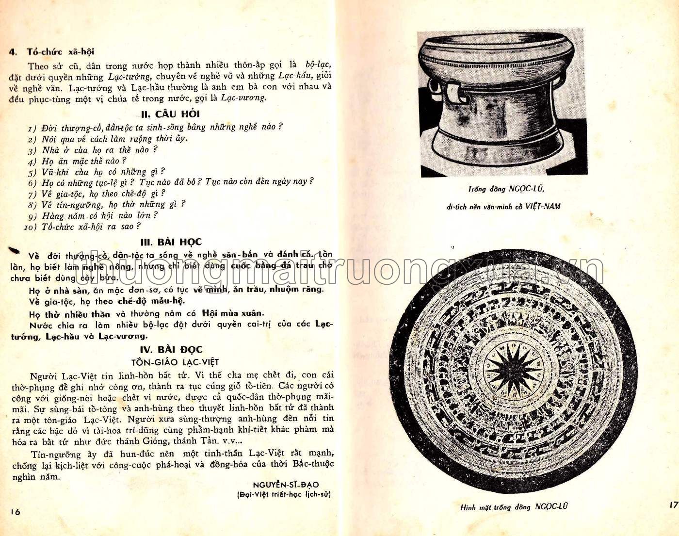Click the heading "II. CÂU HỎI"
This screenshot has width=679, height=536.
170,114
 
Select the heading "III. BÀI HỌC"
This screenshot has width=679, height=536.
171,242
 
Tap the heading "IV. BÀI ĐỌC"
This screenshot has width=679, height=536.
171,349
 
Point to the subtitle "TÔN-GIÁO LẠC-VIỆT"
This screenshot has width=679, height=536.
175,362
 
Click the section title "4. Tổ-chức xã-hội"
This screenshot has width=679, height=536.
51,52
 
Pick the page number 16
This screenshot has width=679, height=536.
15,512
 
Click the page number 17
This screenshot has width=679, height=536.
673,505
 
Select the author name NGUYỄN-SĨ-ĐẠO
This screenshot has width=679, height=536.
292,485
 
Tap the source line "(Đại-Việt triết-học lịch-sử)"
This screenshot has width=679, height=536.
284,495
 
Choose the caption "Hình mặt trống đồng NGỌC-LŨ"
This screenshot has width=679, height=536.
514,507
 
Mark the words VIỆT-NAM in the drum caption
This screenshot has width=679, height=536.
543,206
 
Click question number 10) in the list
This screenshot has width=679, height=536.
31,227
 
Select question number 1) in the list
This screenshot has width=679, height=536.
32,128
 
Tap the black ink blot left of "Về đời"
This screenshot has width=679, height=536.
15,250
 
